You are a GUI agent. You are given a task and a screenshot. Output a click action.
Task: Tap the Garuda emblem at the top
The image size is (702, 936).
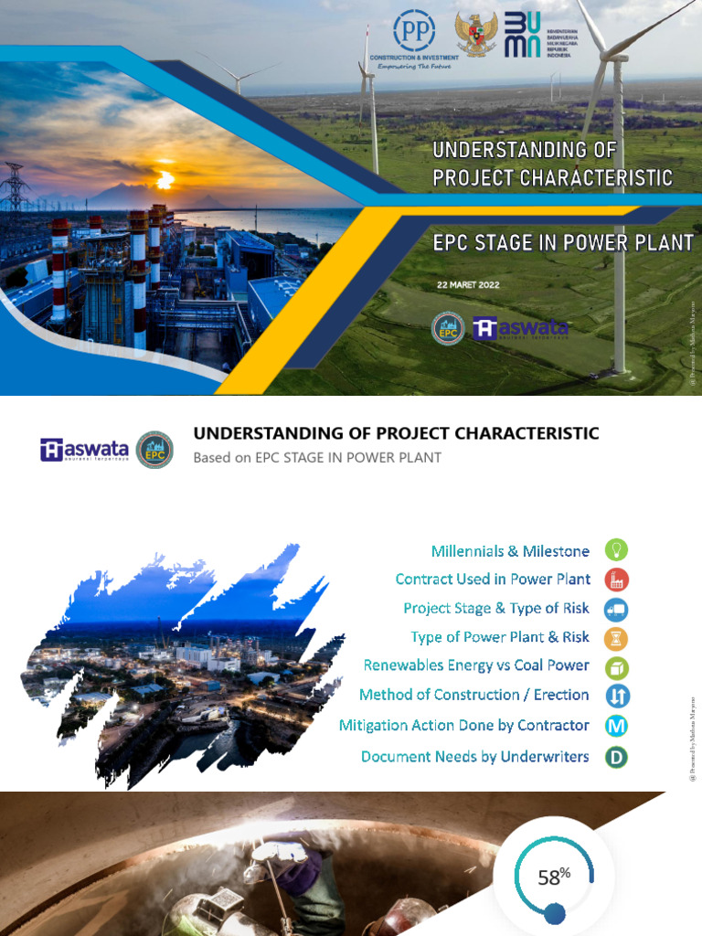click(x=477, y=35)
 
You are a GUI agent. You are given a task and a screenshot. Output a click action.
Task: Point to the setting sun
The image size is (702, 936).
click(x=165, y=180)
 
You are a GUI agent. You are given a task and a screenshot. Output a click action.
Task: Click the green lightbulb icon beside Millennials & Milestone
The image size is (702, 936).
click(x=617, y=550)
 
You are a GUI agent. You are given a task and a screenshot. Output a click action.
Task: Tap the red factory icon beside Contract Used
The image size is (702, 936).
click(x=617, y=580)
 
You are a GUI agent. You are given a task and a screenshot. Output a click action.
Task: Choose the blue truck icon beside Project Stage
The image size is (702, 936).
click(x=617, y=609)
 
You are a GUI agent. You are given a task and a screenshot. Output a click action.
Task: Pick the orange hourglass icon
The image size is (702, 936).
click(x=617, y=637)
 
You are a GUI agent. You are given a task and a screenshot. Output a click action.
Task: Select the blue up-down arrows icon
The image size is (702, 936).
click(x=617, y=696)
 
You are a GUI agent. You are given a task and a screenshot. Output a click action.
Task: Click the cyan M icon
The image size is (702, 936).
click(x=617, y=726)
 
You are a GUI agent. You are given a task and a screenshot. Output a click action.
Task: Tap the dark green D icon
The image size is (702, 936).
click(x=617, y=757)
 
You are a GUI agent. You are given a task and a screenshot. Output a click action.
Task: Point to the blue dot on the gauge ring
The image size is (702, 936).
click(x=554, y=911)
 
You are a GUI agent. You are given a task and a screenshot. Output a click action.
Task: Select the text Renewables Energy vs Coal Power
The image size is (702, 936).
click(x=476, y=665)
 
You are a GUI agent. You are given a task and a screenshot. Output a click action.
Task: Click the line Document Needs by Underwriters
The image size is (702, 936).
click(x=475, y=757)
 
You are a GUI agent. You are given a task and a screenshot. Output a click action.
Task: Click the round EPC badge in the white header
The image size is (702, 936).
click(x=154, y=450)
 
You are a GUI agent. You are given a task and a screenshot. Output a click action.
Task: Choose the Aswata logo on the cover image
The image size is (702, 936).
click(x=521, y=328)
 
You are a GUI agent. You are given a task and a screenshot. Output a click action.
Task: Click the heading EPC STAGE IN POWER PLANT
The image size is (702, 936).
click(x=563, y=243)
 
